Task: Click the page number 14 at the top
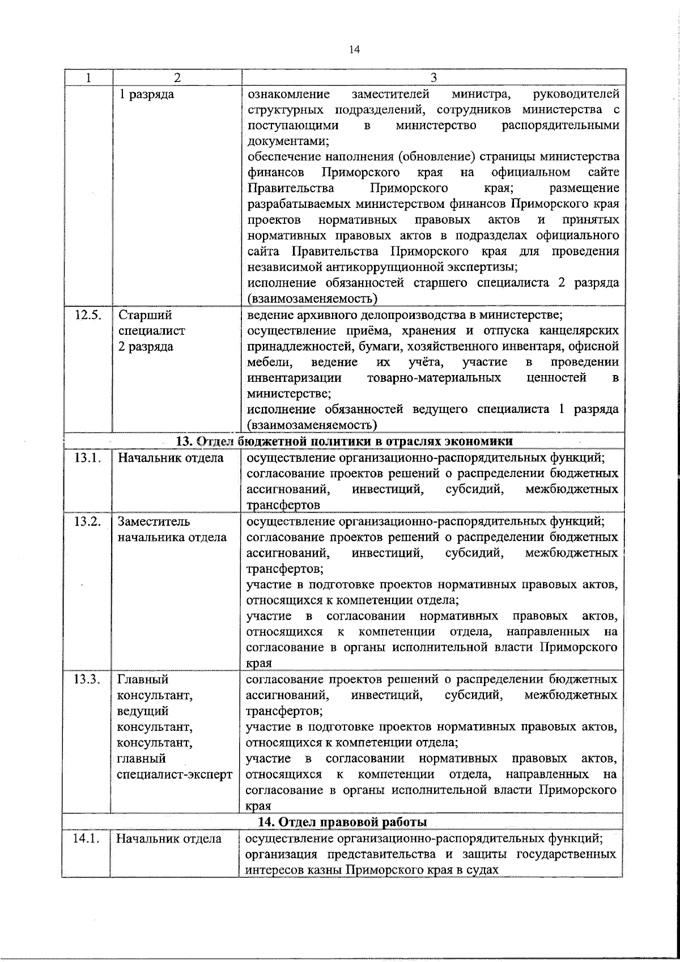point(354,49)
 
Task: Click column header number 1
point(88,78)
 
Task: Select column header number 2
point(177,78)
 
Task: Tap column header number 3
point(433,78)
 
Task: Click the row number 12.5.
point(88,315)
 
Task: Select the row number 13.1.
point(87,458)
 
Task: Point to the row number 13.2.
point(87,521)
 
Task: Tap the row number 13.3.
point(87,679)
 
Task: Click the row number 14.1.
point(87,838)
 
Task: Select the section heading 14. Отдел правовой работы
point(342,821)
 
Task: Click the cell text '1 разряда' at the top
point(146,94)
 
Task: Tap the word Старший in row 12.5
point(145,315)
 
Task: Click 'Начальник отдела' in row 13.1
point(171,458)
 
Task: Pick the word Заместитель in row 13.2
point(154,521)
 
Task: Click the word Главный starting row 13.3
point(143,679)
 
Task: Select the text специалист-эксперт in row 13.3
point(175,774)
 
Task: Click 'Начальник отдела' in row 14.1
point(169,838)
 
